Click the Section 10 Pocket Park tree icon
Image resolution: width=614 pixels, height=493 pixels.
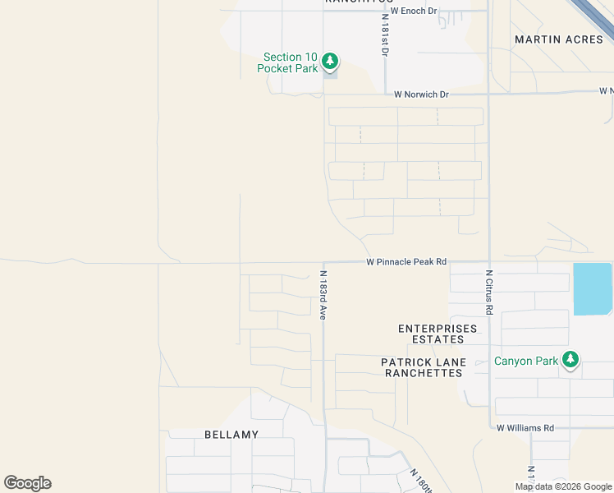pyautogui.click(x=329, y=61)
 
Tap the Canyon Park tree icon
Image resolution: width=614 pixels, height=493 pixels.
pyautogui.click(x=570, y=359)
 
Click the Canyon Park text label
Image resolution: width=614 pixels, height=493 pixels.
pyautogui.click(x=525, y=361)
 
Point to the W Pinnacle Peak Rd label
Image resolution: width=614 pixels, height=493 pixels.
pyautogui.click(x=406, y=262)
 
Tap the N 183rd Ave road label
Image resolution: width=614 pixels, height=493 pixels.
pyautogui.click(x=323, y=295)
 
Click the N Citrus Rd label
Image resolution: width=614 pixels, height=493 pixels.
pyautogui.click(x=488, y=293)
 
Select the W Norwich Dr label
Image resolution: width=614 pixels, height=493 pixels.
pyautogui.click(x=421, y=94)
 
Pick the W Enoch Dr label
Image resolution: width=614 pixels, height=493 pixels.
pyautogui.click(x=414, y=12)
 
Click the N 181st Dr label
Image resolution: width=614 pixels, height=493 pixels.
pyautogui.click(x=383, y=35)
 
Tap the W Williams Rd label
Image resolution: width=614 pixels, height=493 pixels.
pyautogui.click(x=525, y=427)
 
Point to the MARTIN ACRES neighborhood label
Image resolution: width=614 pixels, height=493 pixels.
pyautogui.click(x=558, y=39)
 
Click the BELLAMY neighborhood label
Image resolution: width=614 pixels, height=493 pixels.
pyautogui.click(x=231, y=434)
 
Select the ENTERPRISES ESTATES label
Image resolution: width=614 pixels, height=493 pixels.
pyautogui.click(x=438, y=334)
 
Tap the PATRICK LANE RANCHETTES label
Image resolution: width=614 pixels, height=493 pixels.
pyautogui.click(x=424, y=367)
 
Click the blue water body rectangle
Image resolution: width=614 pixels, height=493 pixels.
pyautogui.click(x=593, y=288)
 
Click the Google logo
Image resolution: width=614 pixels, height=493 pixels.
pyautogui.click(x=27, y=483)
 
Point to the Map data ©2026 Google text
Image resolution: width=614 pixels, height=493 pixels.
pyautogui.click(x=563, y=486)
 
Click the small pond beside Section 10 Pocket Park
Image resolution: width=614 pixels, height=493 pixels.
pyautogui.click(x=330, y=73)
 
